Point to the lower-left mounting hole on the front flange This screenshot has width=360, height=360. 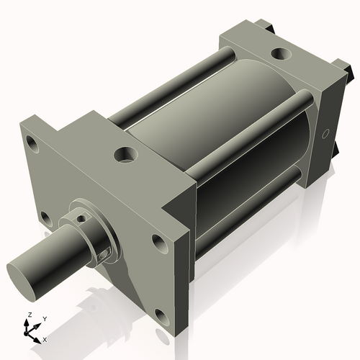click(45, 217)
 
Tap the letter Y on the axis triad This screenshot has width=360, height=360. click(44, 318)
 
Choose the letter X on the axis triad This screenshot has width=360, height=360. click(45, 338)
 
